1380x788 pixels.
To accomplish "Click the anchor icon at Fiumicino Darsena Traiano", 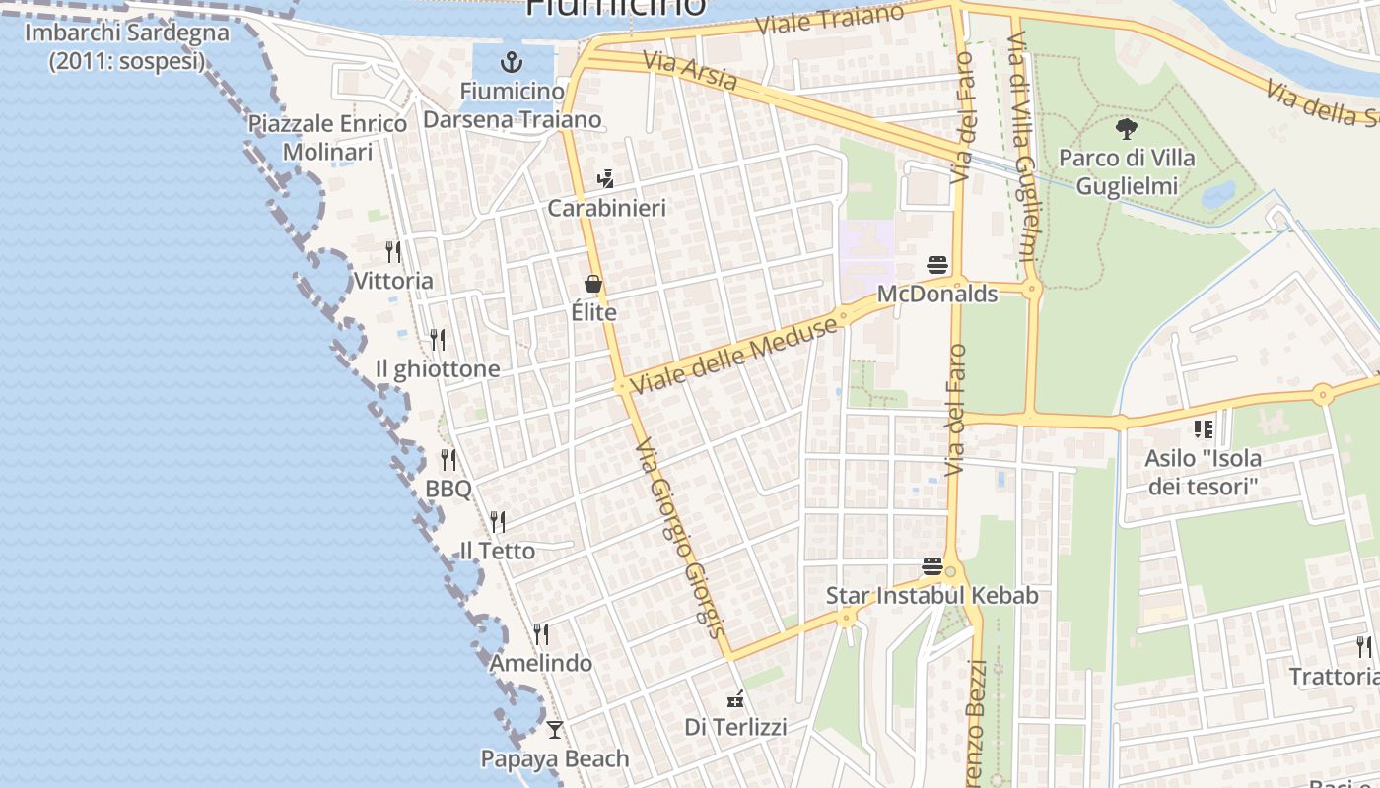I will click(511, 63).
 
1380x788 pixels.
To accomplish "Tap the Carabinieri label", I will click(606, 208).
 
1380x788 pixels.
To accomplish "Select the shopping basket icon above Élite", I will click(593, 284).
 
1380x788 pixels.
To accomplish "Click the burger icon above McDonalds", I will click(936, 264).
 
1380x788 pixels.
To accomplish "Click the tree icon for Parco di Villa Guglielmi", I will click(1126, 128).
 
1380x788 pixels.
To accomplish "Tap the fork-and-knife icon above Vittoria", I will click(393, 251).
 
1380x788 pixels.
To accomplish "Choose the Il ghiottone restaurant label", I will click(438, 369).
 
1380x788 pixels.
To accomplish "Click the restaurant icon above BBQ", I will click(448, 459).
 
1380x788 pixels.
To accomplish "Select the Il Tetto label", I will click(498, 551).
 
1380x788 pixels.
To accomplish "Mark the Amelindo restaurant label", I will click(541, 663).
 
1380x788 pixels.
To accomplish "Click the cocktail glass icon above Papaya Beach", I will click(555, 730).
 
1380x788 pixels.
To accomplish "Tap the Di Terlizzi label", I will click(735, 728).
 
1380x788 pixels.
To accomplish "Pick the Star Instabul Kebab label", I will click(931, 596).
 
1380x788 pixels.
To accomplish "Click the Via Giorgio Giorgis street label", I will click(680, 539).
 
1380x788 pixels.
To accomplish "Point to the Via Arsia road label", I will click(690, 71).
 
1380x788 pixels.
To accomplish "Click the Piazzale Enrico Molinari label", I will click(327, 138).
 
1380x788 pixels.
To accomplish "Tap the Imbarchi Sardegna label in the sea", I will click(126, 46).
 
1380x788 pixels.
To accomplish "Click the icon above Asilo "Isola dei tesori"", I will click(1203, 428).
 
